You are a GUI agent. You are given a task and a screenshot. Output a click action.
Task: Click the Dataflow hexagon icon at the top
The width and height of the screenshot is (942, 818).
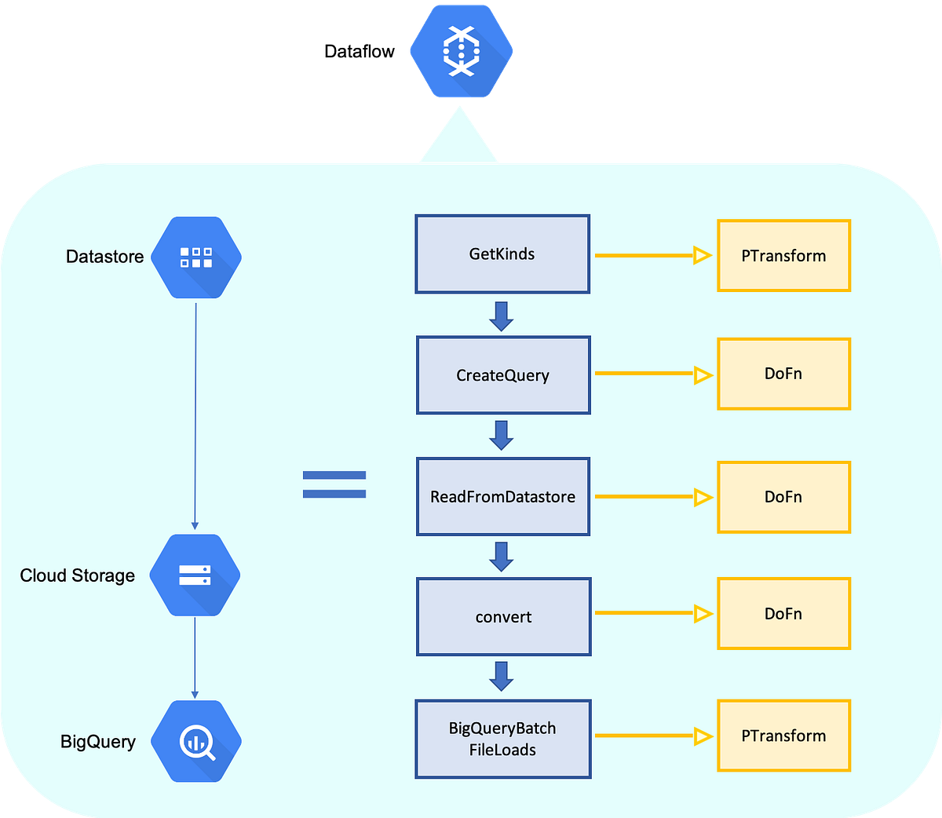[461, 51]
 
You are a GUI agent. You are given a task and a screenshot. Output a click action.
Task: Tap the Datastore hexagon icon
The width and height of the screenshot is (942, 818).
[195, 257]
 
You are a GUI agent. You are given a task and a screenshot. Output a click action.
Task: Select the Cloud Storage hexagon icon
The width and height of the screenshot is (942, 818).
[195, 575]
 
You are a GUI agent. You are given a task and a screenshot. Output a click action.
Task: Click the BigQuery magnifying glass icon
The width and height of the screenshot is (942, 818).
[195, 742]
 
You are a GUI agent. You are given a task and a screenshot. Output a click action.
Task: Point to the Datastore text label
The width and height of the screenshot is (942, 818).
[104, 257]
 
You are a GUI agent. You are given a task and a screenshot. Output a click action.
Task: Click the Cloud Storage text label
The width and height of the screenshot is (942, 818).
[77, 575]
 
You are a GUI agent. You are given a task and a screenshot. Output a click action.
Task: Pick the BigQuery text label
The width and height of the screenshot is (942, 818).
[97, 742]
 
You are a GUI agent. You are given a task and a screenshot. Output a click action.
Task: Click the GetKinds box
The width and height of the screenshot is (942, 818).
[502, 254]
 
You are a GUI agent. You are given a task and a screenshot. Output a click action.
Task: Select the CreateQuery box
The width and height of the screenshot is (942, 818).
[503, 375]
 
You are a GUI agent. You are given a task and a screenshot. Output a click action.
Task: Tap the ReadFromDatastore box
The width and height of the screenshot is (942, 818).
[503, 497]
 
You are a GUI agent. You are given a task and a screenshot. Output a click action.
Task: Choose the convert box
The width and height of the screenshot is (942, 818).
[503, 617]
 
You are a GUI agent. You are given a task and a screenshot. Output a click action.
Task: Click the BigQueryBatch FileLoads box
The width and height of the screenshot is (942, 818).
[502, 739]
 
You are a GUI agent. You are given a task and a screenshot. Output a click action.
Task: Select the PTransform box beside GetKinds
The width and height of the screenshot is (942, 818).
[783, 256]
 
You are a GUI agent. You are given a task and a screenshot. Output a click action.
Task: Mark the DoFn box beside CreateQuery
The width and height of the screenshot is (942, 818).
[783, 374]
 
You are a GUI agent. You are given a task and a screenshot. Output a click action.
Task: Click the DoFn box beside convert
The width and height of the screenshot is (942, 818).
[783, 614]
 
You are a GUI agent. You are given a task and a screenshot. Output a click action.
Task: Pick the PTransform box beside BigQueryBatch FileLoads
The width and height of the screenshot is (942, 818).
[783, 736]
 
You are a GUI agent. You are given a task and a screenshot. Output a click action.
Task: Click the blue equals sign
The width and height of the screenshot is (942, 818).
[334, 484]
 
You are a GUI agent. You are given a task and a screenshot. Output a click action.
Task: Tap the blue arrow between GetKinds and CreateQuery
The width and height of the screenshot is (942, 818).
[501, 316]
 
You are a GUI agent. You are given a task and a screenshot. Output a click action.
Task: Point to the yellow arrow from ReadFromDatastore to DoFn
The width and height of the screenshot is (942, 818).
[652, 497]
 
